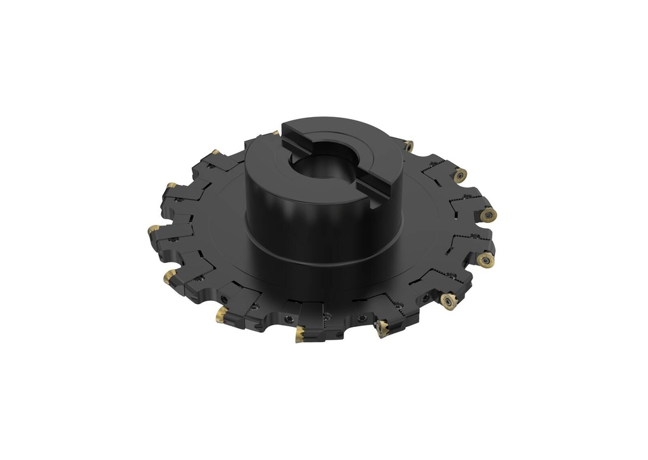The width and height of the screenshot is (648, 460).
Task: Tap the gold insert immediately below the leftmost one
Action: point(170,276)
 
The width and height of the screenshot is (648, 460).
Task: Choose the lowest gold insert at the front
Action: point(300,334)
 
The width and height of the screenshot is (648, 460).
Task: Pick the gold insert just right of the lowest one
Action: point(382,327)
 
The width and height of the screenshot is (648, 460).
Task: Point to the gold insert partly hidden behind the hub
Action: point(275,133)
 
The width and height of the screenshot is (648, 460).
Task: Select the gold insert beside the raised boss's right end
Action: point(408,146)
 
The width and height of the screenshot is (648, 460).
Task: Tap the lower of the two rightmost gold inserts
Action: point(485,259)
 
